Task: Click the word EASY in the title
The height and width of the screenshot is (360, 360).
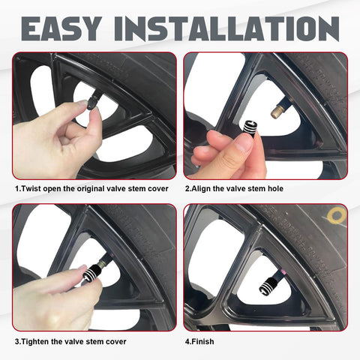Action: coord(61,28)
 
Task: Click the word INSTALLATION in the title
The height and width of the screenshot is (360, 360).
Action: coord(226,28)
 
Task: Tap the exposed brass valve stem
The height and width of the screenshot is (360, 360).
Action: coord(278,112)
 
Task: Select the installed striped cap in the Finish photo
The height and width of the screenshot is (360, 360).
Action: coord(269,286)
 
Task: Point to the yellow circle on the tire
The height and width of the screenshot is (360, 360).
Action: coord(337,215)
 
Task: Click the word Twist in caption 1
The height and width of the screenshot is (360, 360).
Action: coord(31,188)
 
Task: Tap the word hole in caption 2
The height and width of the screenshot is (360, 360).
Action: coord(275,188)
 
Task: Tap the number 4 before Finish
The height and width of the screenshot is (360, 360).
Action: coord(187,341)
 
